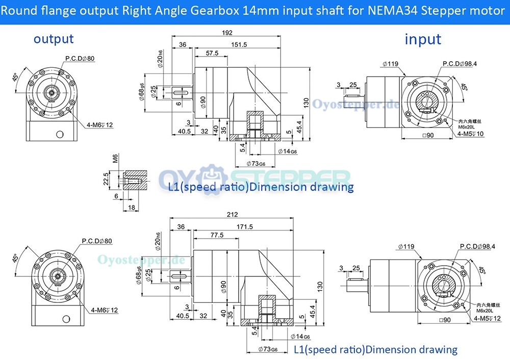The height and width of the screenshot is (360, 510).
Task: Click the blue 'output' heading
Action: pos(54,38)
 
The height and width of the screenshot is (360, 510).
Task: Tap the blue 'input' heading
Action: pos(423,39)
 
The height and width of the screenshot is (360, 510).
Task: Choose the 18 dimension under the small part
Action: pos(131,208)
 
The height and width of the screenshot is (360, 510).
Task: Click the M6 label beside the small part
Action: pos(115,159)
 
